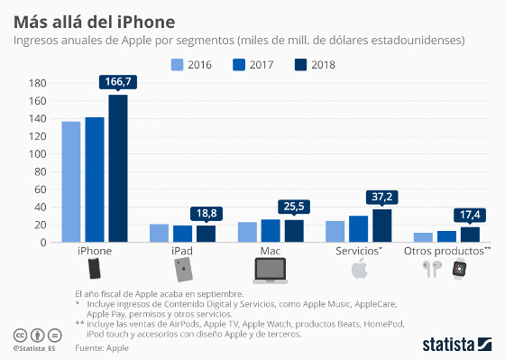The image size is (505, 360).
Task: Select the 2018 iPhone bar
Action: [118, 169]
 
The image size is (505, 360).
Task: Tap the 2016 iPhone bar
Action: [71, 181]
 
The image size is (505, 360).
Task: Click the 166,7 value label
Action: [118, 83]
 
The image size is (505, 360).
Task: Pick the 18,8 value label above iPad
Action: [207, 214]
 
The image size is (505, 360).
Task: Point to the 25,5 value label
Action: [295, 208]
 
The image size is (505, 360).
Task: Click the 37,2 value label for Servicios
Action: [382, 197]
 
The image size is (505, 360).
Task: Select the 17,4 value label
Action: [470, 215]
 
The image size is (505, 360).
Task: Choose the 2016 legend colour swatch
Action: [178, 64]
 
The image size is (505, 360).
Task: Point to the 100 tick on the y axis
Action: [37, 153]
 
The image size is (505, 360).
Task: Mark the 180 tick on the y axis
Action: [37, 83]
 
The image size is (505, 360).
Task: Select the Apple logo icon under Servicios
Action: [359, 270]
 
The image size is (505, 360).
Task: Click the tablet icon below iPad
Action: [184, 270]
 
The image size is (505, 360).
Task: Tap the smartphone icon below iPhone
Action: [94, 270]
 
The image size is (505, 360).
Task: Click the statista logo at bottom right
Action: [455, 344]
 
